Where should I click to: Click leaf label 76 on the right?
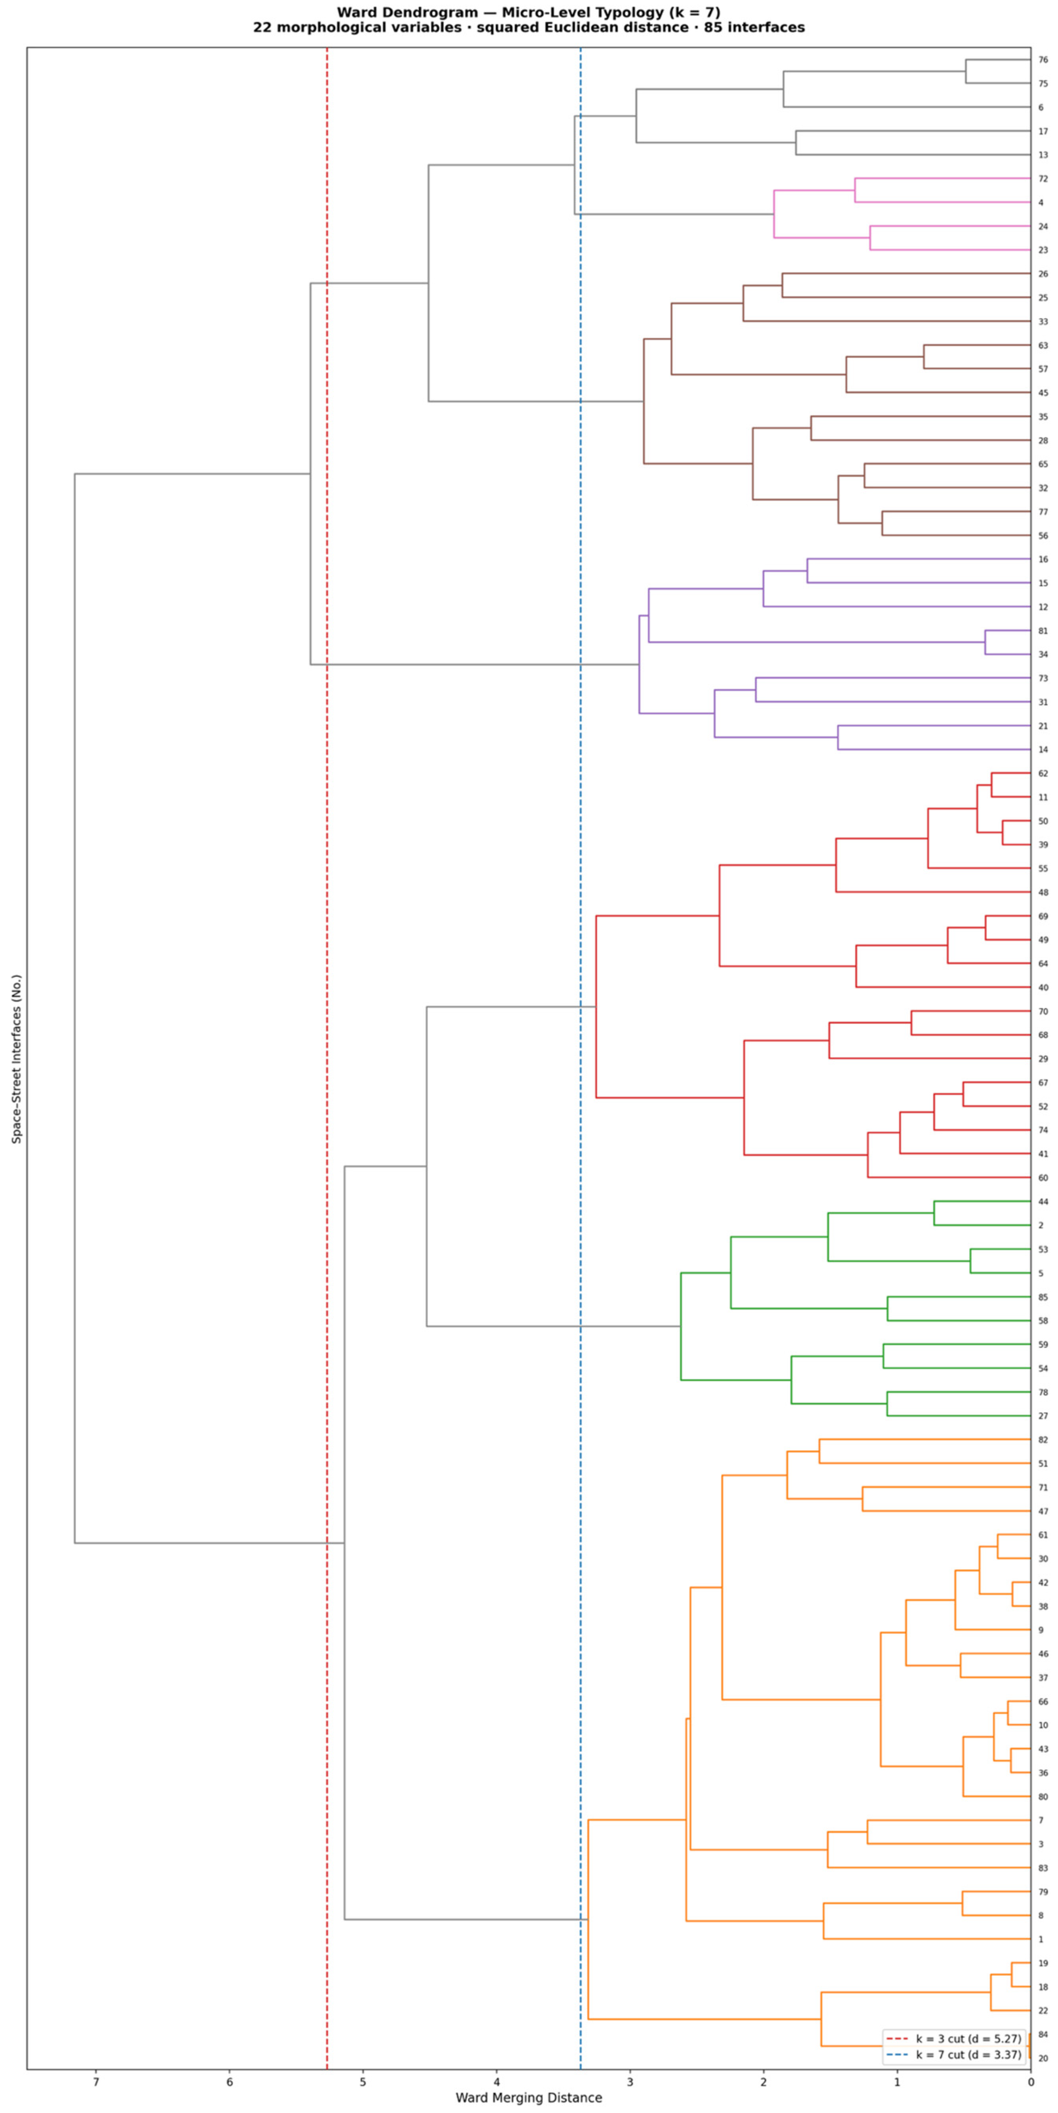[x=1043, y=60]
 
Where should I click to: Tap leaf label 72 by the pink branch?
[x=1043, y=179]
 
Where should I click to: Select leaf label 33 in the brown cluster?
[x=1043, y=321]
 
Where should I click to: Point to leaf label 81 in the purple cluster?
[x=1043, y=631]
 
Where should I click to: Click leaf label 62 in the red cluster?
[x=1043, y=774]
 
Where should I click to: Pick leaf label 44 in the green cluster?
[x=1043, y=1202]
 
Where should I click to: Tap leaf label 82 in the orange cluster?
[x=1043, y=1440]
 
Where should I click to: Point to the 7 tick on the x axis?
[x=96, y=2081]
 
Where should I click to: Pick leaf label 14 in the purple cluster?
[x=1043, y=750]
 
